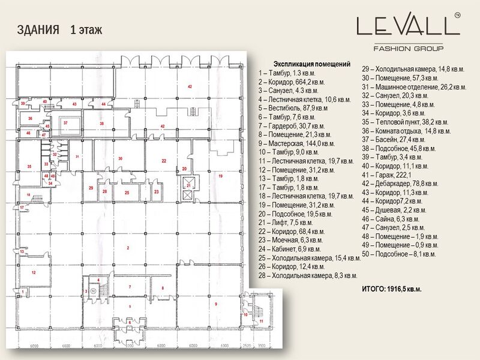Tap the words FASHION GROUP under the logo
[408, 48]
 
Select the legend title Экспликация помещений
[311, 64]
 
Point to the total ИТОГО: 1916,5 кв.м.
[391, 289]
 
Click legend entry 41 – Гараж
[389, 175]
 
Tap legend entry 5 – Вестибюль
[293, 109]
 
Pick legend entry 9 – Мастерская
[296, 144]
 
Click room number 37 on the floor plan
[66, 122]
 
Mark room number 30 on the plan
[121, 158]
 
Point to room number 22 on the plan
[164, 161]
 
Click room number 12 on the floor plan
[34, 273]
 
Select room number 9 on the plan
[215, 305]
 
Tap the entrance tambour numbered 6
[130, 322]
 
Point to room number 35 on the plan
[28, 166]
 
